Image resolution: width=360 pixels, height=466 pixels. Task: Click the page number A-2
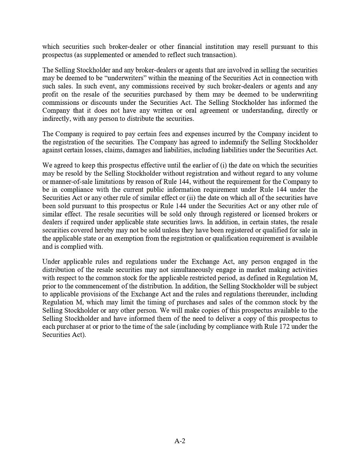pyautogui.click(x=180, y=441)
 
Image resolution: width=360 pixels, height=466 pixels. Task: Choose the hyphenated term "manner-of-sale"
pyautogui.click(x=70, y=174)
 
